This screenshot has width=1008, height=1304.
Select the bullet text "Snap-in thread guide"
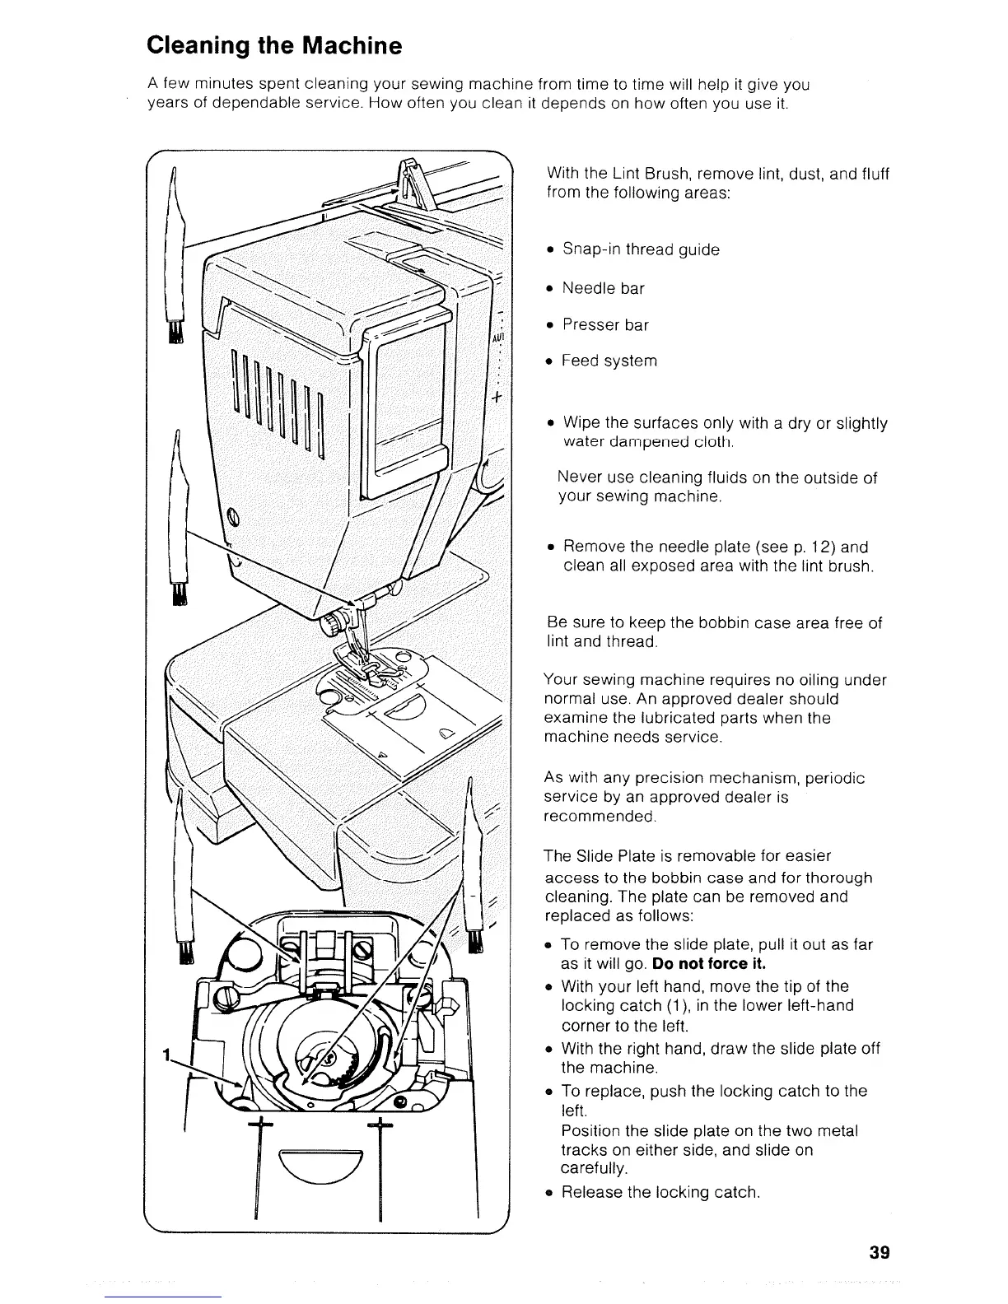click(x=641, y=249)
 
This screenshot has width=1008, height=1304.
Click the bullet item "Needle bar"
click(x=603, y=288)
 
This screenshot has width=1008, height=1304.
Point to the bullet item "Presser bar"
click(x=605, y=325)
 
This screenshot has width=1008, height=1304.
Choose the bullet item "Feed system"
click(x=609, y=361)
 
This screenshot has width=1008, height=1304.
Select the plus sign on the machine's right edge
click(x=497, y=399)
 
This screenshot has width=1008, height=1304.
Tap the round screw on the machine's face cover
click(x=233, y=517)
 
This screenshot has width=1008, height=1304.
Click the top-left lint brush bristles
click(x=175, y=331)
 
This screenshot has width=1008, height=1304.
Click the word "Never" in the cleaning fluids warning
click(x=577, y=478)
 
